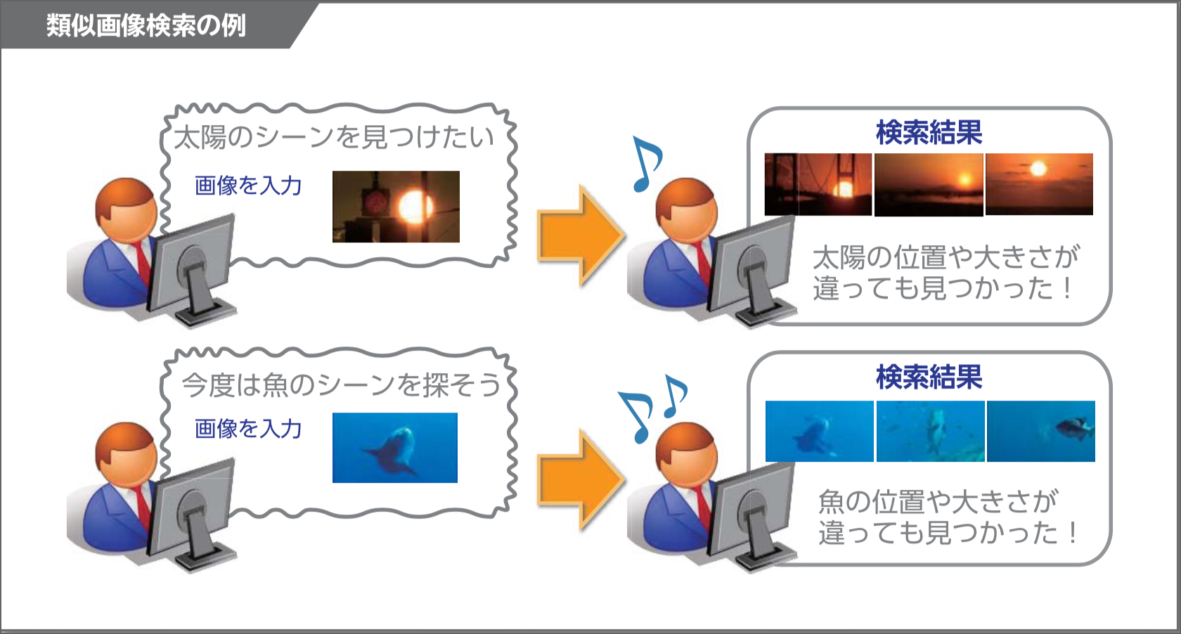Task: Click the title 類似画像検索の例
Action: [146, 25]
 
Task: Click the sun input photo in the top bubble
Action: [396, 207]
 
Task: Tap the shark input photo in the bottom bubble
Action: [395, 448]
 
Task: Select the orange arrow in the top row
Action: [581, 235]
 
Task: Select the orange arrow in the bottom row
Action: [581, 479]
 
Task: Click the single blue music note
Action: [647, 164]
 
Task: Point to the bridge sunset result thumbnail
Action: [818, 184]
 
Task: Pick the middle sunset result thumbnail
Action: [929, 184]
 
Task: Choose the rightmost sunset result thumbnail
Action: [1039, 184]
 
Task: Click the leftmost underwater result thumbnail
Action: [820, 431]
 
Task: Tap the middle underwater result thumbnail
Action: [930, 431]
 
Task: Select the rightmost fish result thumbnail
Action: [1040, 431]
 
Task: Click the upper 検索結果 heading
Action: [929, 132]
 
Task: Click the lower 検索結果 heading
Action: [929, 377]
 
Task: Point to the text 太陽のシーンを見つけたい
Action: [335, 136]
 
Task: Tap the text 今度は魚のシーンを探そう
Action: [340, 384]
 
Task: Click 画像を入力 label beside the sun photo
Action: [247, 186]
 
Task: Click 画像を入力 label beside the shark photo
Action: [247, 429]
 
